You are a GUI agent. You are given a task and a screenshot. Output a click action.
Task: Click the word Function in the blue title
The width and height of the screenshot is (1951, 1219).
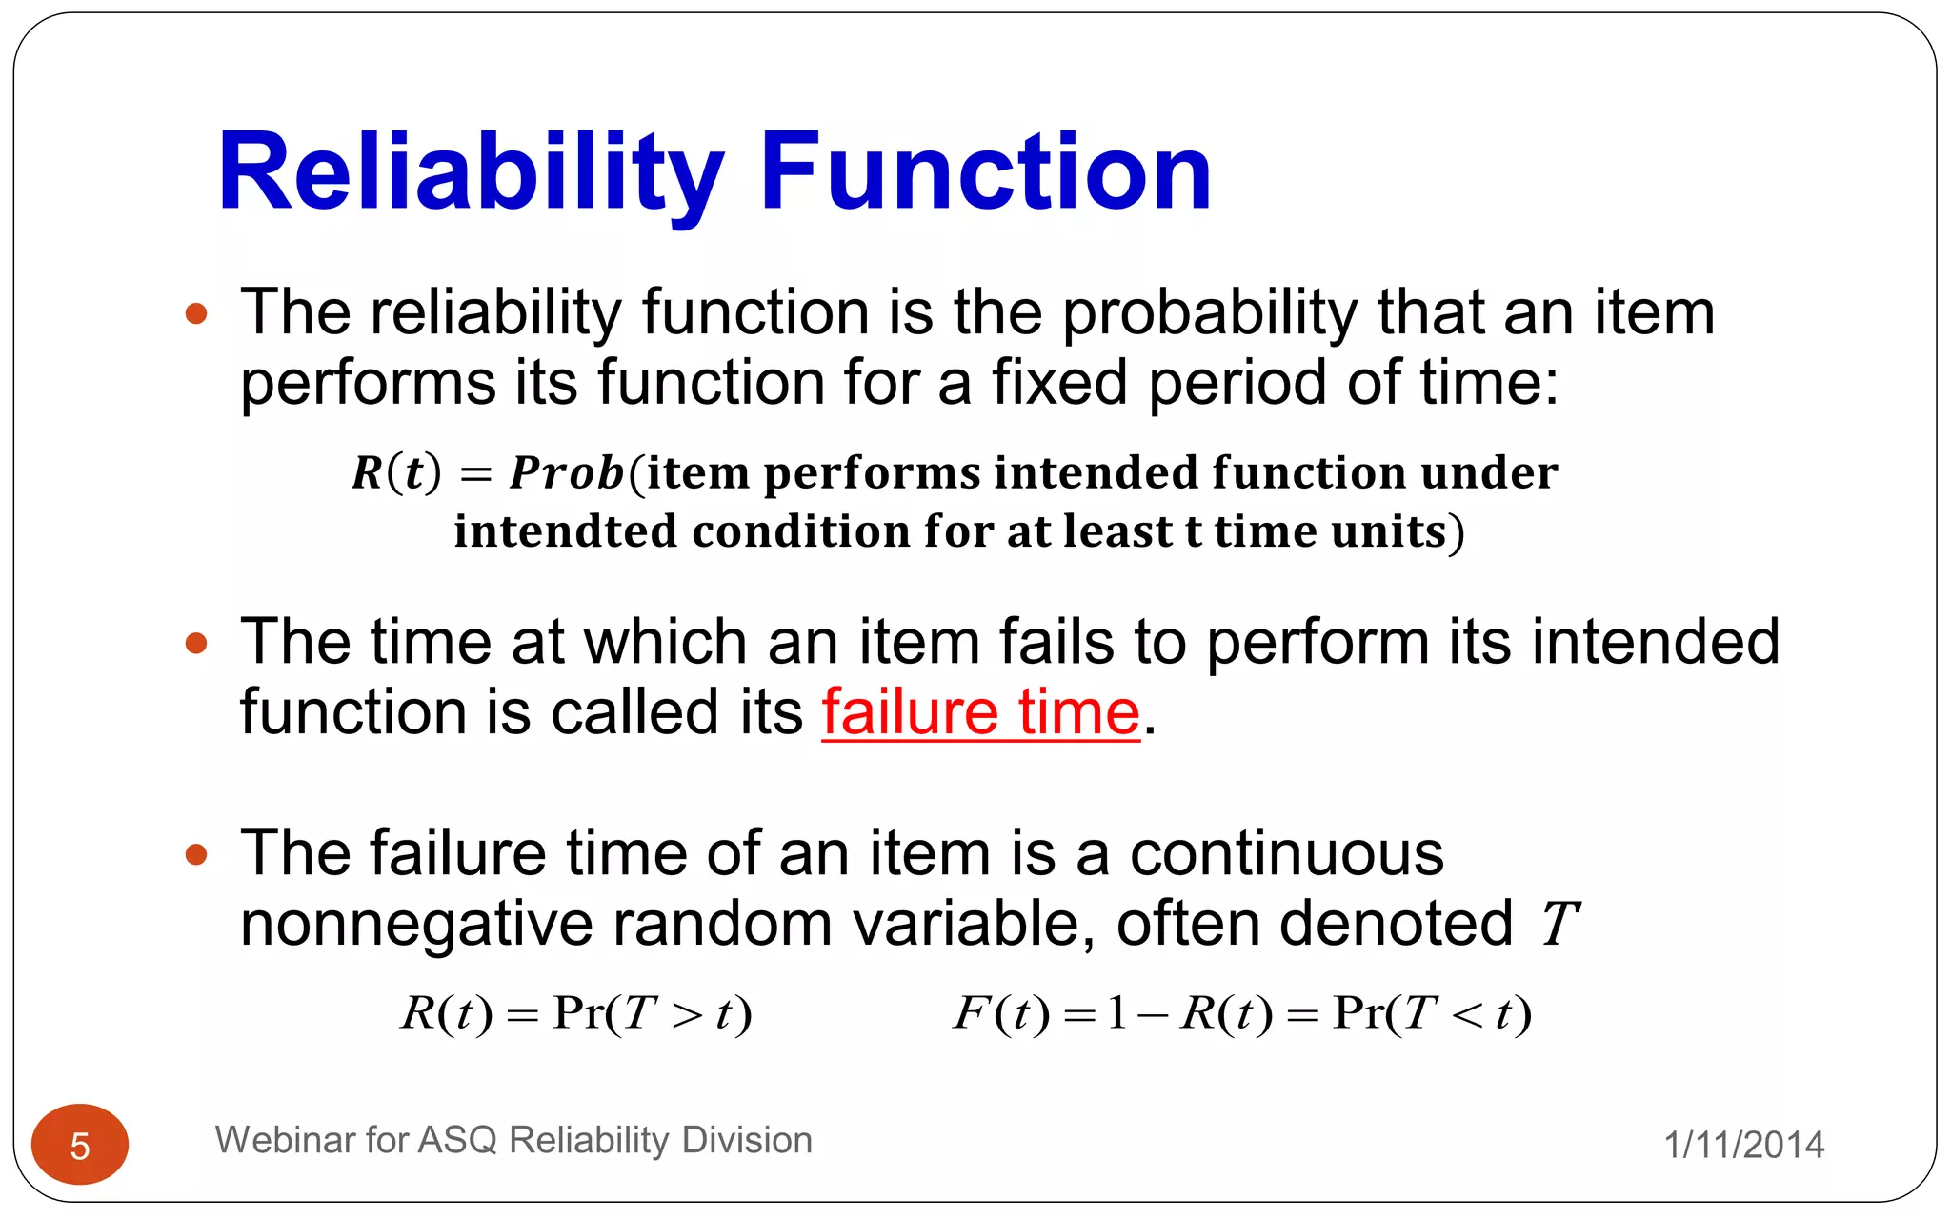[985, 173]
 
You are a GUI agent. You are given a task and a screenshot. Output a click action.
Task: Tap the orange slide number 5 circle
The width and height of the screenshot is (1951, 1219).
[80, 1145]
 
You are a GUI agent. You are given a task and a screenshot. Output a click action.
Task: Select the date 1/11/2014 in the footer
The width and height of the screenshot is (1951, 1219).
[1743, 1145]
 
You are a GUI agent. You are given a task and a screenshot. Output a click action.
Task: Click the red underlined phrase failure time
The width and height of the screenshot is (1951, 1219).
[980, 712]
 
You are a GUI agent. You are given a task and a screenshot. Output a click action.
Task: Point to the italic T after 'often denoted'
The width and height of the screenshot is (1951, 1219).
[1559, 924]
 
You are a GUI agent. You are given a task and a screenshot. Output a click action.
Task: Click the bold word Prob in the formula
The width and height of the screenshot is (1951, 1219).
[567, 473]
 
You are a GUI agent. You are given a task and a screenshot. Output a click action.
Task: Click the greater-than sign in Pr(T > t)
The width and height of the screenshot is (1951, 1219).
[687, 1015]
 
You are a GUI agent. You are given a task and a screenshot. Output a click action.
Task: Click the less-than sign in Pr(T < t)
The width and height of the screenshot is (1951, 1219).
[1467, 1015]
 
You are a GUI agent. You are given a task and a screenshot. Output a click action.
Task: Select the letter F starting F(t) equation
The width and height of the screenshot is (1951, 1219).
[969, 1012]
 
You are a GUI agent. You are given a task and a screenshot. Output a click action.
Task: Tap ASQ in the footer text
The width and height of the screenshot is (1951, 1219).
[457, 1140]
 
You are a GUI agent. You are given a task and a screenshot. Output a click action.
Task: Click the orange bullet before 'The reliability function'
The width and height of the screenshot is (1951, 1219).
[196, 313]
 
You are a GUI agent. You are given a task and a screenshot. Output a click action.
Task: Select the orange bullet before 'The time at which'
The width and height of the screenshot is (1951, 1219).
[196, 644]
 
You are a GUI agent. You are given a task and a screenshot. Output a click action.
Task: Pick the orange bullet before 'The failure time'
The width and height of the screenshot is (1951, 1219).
[196, 854]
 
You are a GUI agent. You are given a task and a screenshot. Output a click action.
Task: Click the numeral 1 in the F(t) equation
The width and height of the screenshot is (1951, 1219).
[1116, 1012]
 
